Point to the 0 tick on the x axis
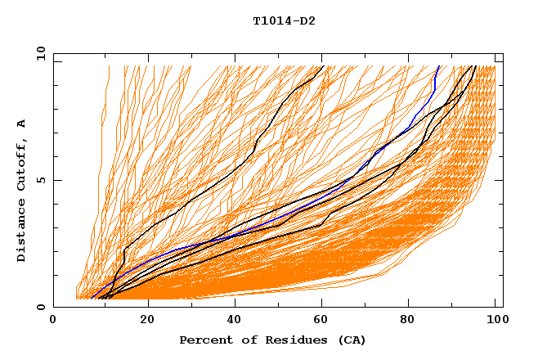53,320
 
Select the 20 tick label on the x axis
147,320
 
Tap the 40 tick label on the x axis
235,320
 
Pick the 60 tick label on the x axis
324,320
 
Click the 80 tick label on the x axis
412,320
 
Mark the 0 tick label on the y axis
42,308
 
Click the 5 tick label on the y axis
42,180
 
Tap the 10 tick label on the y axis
38,53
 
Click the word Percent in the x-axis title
202,340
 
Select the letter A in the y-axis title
22,123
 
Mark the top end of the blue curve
439,66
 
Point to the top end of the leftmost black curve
323,66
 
